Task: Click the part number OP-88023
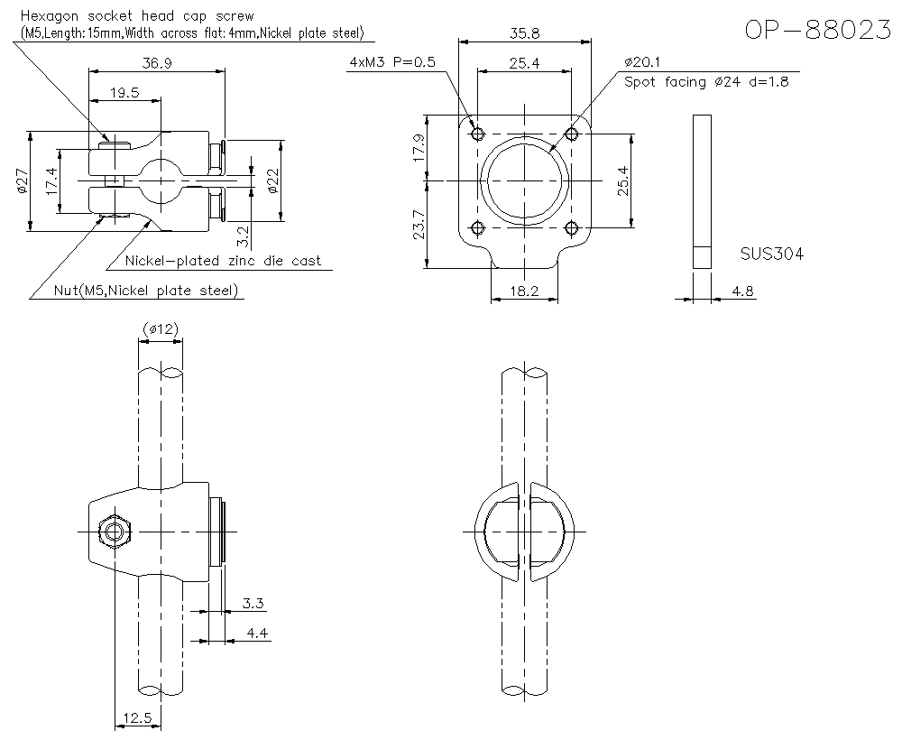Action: pos(819,30)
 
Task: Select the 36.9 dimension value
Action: pos(158,62)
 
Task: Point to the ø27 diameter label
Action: pos(23,181)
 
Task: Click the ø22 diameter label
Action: pos(273,181)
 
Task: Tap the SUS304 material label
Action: pos(771,254)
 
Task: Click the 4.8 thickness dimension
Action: pos(743,291)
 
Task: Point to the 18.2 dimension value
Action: pos(523,291)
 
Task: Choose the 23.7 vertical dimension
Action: pos(417,225)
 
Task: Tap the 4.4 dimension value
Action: pos(256,634)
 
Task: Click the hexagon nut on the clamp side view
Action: pos(113,532)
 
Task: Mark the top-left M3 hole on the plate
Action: pos(478,134)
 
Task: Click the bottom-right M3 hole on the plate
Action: pos(570,227)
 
